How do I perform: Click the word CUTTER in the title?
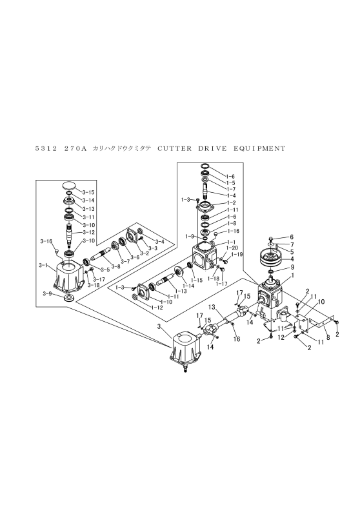pyautogui.click(x=174, y=148)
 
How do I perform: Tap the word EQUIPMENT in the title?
pyautogui.click(x=259, y=148)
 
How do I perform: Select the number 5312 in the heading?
pyautogui.click(x=46, y=149)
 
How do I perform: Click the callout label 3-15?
pyautogui.click(x=88, y=192)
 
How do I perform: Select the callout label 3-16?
pyautogui.click(x=46, y=241)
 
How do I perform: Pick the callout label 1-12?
pyautogui.click(x=157, y=308)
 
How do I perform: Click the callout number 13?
pyautogui.click(x=212, y=307)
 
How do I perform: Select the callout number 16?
pyautogui.click(x=237, y=339)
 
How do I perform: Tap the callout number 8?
pyautogui.click(x=328, y=339)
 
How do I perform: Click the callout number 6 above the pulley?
pyautogui.click(x=292, y=237)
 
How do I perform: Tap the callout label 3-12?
pyautogui.click(x=88, y=233)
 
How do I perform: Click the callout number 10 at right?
pyautogui.click(x=321, y=302)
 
